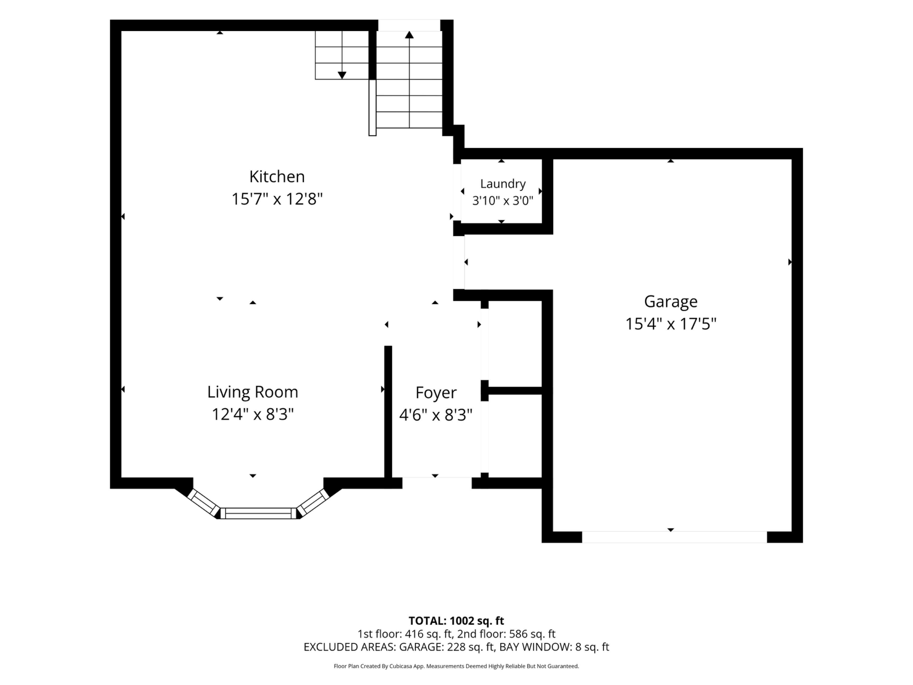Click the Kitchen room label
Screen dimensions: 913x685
(x=277, y=177)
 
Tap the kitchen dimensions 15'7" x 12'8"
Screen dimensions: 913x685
(x=277, y=199)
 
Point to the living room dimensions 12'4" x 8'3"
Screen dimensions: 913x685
(x=253, y=414)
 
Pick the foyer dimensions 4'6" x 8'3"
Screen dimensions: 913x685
(x=436, y=415)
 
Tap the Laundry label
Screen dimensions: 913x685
(x=503, y=184)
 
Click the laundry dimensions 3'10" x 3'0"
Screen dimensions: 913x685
(x=503, y=201)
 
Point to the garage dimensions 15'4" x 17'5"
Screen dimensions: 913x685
(x=671, y=324)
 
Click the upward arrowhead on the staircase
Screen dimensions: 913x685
(x=409, y=35)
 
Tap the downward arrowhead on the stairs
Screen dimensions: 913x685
(x=342, y=75)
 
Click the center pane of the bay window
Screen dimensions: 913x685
(x=258, y=513)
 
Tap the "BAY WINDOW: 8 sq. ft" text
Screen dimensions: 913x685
(x=554, y=647)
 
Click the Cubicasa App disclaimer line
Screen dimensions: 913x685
(x=456, y=666)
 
